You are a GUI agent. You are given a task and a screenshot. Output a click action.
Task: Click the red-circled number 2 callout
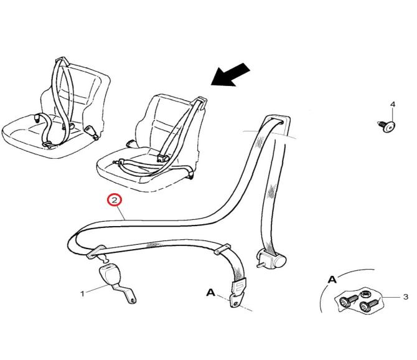point(115,200)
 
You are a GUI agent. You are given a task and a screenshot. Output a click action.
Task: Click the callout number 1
point(82,294)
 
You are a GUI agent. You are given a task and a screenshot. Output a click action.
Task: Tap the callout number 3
point(406,296)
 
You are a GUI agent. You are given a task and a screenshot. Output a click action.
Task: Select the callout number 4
point(393,104)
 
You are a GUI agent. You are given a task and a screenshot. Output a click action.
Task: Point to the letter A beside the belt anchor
point(210,293)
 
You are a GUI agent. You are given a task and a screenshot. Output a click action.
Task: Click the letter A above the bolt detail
point(332,280)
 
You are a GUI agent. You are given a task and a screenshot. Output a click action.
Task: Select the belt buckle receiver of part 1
point(110,274)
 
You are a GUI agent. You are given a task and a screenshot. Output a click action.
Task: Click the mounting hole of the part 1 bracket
point(133,301)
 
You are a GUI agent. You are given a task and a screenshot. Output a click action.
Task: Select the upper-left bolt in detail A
point(348,301)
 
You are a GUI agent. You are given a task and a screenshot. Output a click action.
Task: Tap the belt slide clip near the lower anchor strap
point(223,249)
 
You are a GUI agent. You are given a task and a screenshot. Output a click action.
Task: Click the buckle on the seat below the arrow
point(163,158)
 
